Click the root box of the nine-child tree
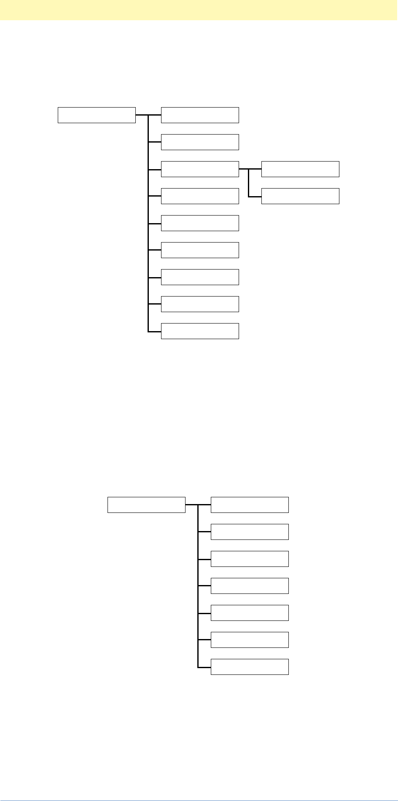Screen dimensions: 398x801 (97, 115)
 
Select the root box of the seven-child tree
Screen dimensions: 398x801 (146, 505)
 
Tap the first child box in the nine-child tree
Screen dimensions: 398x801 (200, 115)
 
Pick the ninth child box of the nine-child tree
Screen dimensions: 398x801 (200, 331)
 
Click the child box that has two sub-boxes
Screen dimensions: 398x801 (200, 169)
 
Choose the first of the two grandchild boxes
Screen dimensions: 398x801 (300, 169)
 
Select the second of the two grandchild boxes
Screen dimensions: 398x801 (300, 196)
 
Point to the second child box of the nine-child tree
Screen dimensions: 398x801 (200, 142)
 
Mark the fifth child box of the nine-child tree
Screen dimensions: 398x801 (200, 223)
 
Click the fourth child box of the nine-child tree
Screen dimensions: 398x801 (200, 196)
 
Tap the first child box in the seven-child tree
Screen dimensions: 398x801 (250, 505)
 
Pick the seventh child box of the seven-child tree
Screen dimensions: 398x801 (250, 667)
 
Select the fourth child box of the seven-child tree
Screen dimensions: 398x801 (250, 586)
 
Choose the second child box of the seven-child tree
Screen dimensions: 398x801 (250, 532)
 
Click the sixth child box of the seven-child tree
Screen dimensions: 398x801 (250, 640)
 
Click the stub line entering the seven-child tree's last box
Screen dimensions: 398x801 (204, 667)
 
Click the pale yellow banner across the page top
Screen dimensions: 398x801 (199, 10)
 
